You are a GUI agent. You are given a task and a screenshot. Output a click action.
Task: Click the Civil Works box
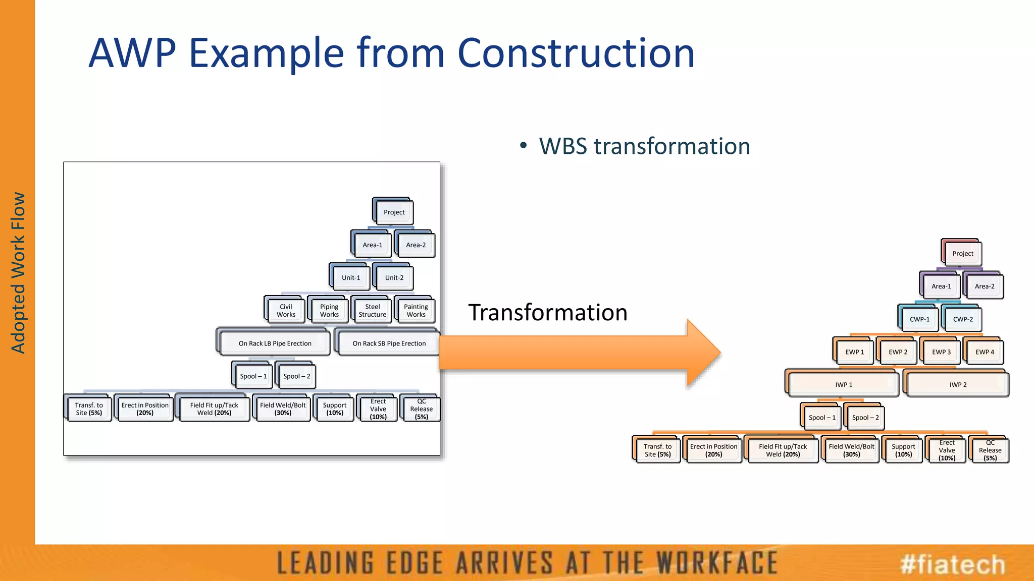286,310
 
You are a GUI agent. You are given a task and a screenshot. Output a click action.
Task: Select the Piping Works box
329,310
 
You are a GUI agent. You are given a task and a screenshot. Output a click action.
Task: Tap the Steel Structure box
373,310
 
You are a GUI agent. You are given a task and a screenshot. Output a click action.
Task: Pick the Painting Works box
416,310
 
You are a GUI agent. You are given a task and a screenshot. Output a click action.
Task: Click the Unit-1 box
351,277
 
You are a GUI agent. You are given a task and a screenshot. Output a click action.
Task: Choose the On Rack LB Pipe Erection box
275,343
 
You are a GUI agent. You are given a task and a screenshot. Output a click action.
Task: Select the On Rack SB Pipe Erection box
389,343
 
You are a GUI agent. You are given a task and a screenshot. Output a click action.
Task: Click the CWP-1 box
919,319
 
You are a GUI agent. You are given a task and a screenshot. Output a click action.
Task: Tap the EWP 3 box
941,352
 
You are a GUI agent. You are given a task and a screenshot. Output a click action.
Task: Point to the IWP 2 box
958,385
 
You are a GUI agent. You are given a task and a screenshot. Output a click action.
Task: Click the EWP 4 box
985,352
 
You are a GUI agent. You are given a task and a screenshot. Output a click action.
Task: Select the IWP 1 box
844,385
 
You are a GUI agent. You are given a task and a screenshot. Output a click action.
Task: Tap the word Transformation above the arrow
548,313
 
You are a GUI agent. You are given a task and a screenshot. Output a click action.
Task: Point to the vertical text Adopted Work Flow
18,272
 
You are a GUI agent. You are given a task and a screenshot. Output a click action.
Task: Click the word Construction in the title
576,53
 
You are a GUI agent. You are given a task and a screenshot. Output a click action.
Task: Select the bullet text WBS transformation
644,146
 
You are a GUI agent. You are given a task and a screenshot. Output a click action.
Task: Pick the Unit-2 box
394,277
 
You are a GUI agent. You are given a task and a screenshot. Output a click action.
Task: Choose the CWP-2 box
963,319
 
